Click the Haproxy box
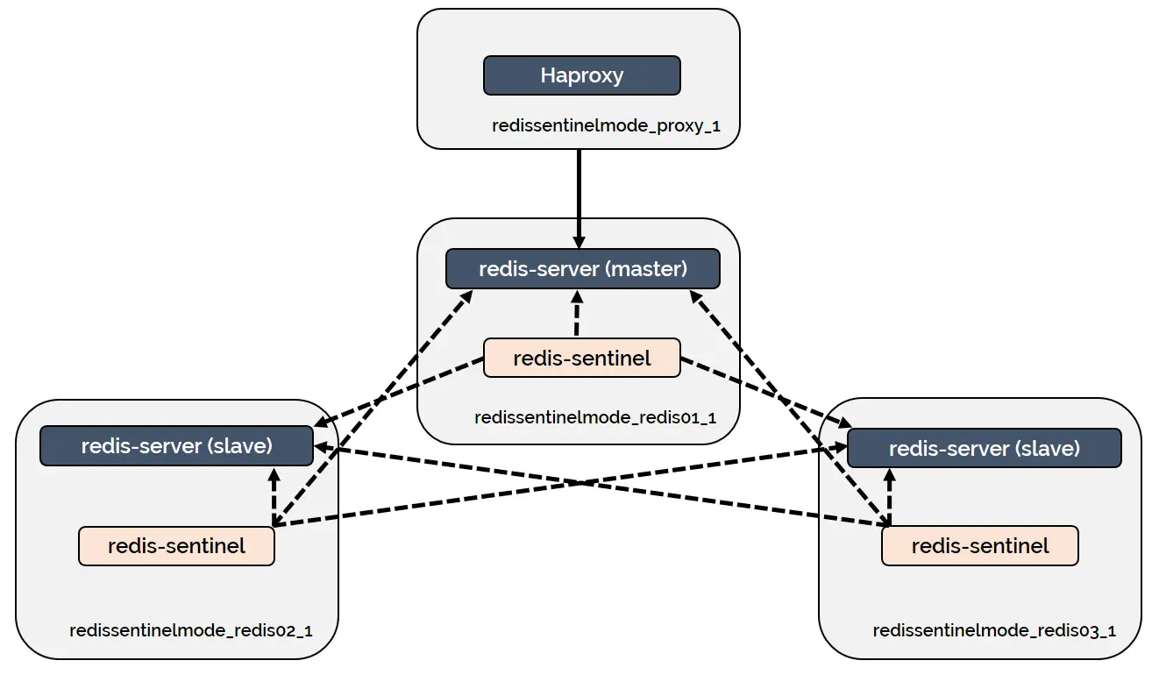coord(581,75)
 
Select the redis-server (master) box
coord(582,268)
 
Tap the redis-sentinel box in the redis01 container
coord(581,358)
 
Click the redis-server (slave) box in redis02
coord(176,445)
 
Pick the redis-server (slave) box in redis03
coord(984,448)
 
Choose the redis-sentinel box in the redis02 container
coord(176,546)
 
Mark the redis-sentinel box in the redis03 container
coord(979,546)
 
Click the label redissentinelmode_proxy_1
coord(606,125)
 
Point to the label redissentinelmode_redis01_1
coord(595,417)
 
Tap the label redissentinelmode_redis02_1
coord(191,630)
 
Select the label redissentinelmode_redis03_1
coord(994,631)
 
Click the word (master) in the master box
coord(647,268)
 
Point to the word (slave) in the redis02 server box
coord(239,445)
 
